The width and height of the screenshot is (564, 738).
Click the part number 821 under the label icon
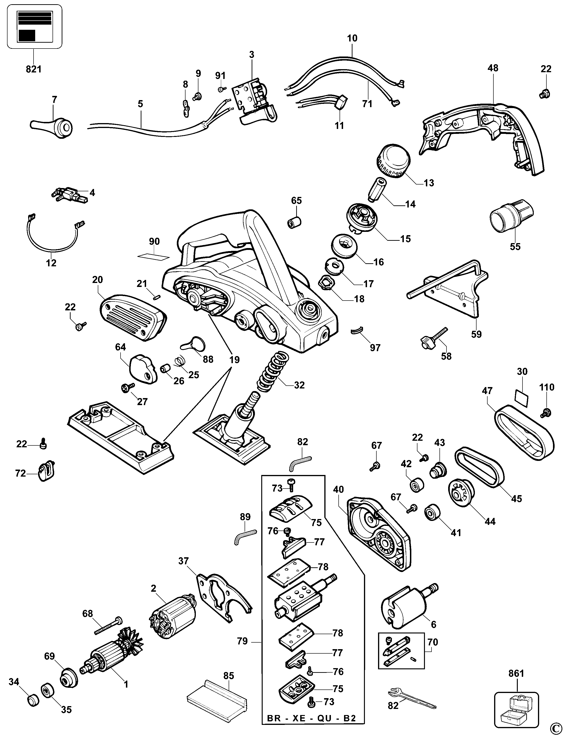34,69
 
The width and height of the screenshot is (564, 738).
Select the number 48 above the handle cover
493,68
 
